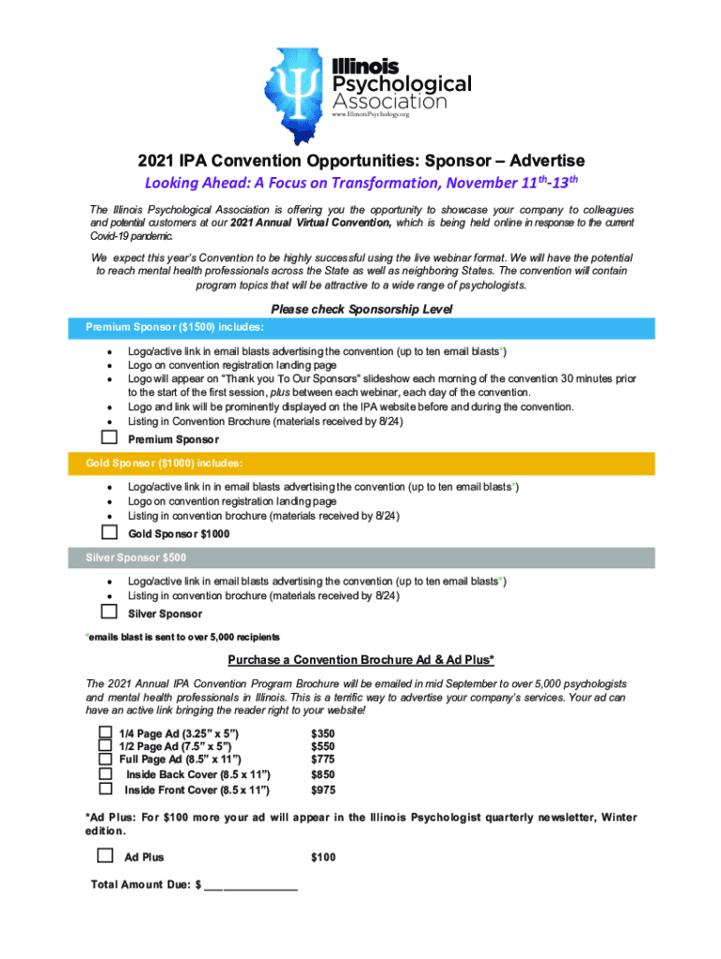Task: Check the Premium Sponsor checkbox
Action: [110, 437]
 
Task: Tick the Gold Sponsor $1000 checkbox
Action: [110, 532]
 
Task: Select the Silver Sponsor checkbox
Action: [110, 612]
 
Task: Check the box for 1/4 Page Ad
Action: [106, 731]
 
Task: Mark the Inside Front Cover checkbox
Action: [106, 789]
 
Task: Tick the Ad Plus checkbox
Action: [106, 855]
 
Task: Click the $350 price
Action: [323, 732]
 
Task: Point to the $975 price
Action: [323, 789]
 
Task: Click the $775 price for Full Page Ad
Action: [323, 760]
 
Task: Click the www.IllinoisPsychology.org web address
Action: [372, 114]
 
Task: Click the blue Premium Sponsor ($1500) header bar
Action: [360, 328]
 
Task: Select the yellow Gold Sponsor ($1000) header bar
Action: [360, 463]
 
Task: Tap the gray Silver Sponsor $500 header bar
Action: [360, 558]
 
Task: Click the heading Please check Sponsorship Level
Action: [360, 309]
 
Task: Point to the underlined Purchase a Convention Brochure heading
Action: [360, 659]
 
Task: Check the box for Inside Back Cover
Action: [106, 775]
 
